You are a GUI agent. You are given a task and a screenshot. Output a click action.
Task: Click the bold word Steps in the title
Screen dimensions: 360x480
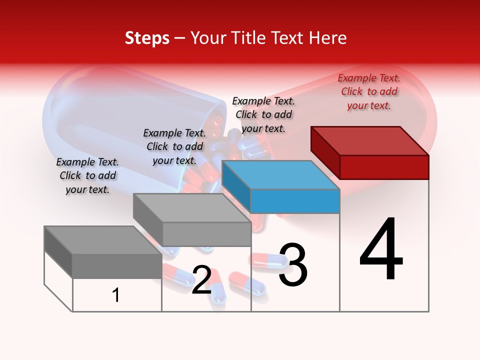[147, 38]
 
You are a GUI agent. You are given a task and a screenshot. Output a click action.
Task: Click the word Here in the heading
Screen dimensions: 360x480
[328, 38]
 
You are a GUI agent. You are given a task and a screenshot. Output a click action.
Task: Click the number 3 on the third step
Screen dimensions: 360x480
[293, 265]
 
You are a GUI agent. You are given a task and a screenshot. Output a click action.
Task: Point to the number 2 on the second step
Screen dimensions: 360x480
[201, 280]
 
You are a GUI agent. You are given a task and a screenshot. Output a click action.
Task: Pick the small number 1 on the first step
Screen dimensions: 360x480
[116, 295]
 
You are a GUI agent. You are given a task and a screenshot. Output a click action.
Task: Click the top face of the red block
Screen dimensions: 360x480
[370, 140]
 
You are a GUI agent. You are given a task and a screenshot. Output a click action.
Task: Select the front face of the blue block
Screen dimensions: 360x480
[295, 201]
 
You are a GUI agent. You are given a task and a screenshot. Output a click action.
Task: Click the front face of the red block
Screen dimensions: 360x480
[384, 167]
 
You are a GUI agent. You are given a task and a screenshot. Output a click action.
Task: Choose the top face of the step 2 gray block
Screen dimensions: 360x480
[192, 207]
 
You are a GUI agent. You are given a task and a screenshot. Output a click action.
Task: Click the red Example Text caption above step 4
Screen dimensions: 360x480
[369, 91]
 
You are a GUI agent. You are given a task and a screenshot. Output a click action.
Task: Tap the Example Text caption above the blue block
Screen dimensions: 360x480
[263, 114]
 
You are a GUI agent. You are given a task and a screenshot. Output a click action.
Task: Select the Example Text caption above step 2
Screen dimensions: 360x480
[174, 146]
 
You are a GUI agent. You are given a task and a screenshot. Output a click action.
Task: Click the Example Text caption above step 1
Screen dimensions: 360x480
[87, 175]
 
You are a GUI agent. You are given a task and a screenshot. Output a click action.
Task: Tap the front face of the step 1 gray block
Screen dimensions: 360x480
[117, 265]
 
